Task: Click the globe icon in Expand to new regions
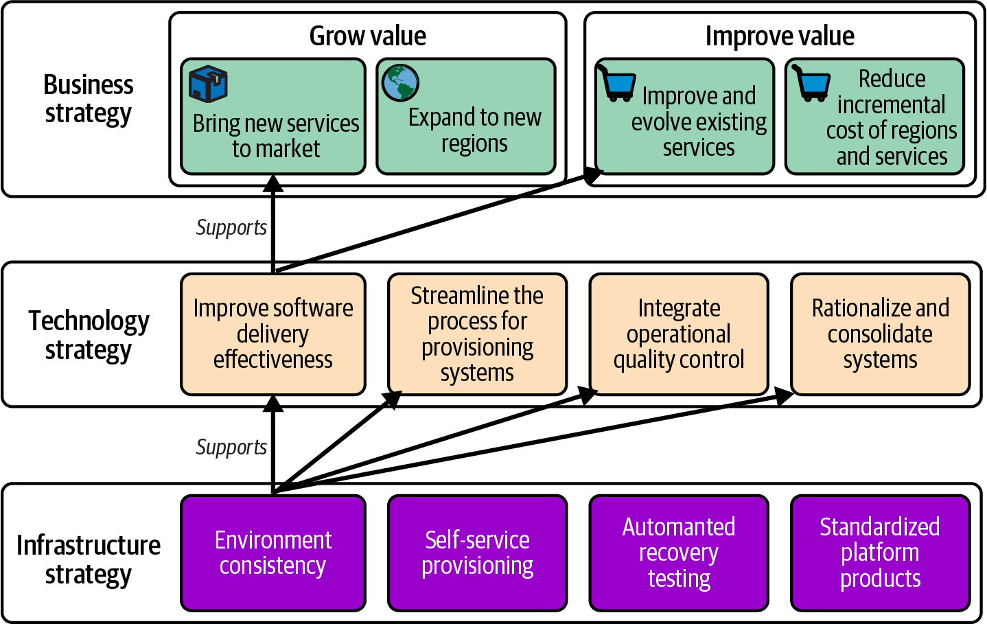pyautogui.click(x=400, y=83)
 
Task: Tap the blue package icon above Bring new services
pyautogui.click(x=208, y=84)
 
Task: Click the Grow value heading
pyautogui.click(x=367, y=36)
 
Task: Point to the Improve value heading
pyautogui.click(x=780, y=36)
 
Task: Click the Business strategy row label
pyautogui.click(x=89, y=99)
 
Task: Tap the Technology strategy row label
pyautogui.click(x=89, y=335)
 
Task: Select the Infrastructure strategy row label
pyautogui.click(x=89, y=559)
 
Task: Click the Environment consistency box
pyautogui.click(x=273, y=553)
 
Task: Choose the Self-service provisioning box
pyautogui.click(x=477, y=553)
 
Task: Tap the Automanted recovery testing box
pyautogui.click(x=679, y=553)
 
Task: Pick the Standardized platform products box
pyautogui.click(x=880, y=553)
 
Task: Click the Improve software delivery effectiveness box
pyautogui.click(x=273, y=334)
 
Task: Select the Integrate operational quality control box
pyautogui.click(x=679, y=334)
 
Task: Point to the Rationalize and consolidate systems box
pyautogui.click(x=880, y=334)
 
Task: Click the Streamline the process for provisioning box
pyautogui.click(x=477, y=334)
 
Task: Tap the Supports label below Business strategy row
pyautogui.click(x=231, y=227)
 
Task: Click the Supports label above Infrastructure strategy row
pyautogui.click(x=231, y=447)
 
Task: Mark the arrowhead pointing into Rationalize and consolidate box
pyautogui.click(x=785, y=396)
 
